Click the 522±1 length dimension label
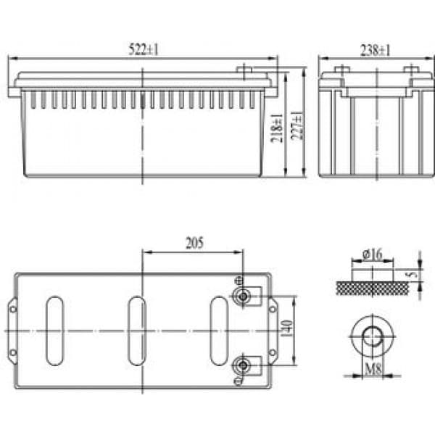pos(144,49)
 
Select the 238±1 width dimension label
pos(376,50)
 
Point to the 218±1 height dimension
pos(277,128)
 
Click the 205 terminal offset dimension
pos(194,243)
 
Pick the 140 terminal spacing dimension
pos(287,328)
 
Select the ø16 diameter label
pos(373,254)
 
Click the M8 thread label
pos(373,369)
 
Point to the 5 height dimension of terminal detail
pos(415,275)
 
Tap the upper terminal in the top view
pos(243,297)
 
